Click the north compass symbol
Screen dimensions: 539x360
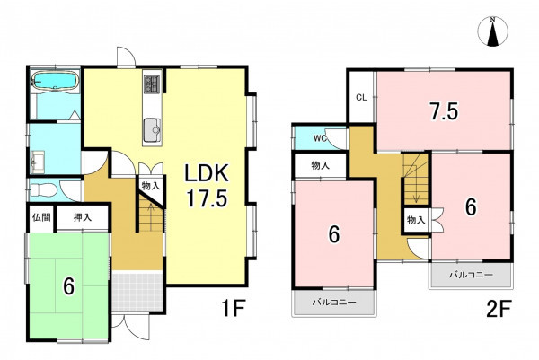point(492,31)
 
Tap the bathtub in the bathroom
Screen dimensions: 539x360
point(55,82)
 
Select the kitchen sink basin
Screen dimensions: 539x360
point(152,130)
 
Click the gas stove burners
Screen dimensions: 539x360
point(152,83)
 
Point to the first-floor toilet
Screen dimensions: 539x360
point(42,189)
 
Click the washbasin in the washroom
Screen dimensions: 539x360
point(37,161)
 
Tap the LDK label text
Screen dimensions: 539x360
point(207,173)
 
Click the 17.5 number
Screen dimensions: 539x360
point(207,198)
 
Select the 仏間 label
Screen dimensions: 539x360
point(41,217)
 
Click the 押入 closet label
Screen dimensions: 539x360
point(83,217)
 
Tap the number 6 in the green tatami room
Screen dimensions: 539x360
point(69,285)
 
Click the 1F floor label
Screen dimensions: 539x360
point(234,308)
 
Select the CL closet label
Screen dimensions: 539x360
point(361,98)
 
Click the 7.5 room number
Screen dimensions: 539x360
point(444,111)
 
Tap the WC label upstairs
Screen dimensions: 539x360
point(319,138)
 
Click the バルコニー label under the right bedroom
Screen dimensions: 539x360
point(471,275)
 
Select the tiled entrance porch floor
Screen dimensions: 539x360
point(137,291)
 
